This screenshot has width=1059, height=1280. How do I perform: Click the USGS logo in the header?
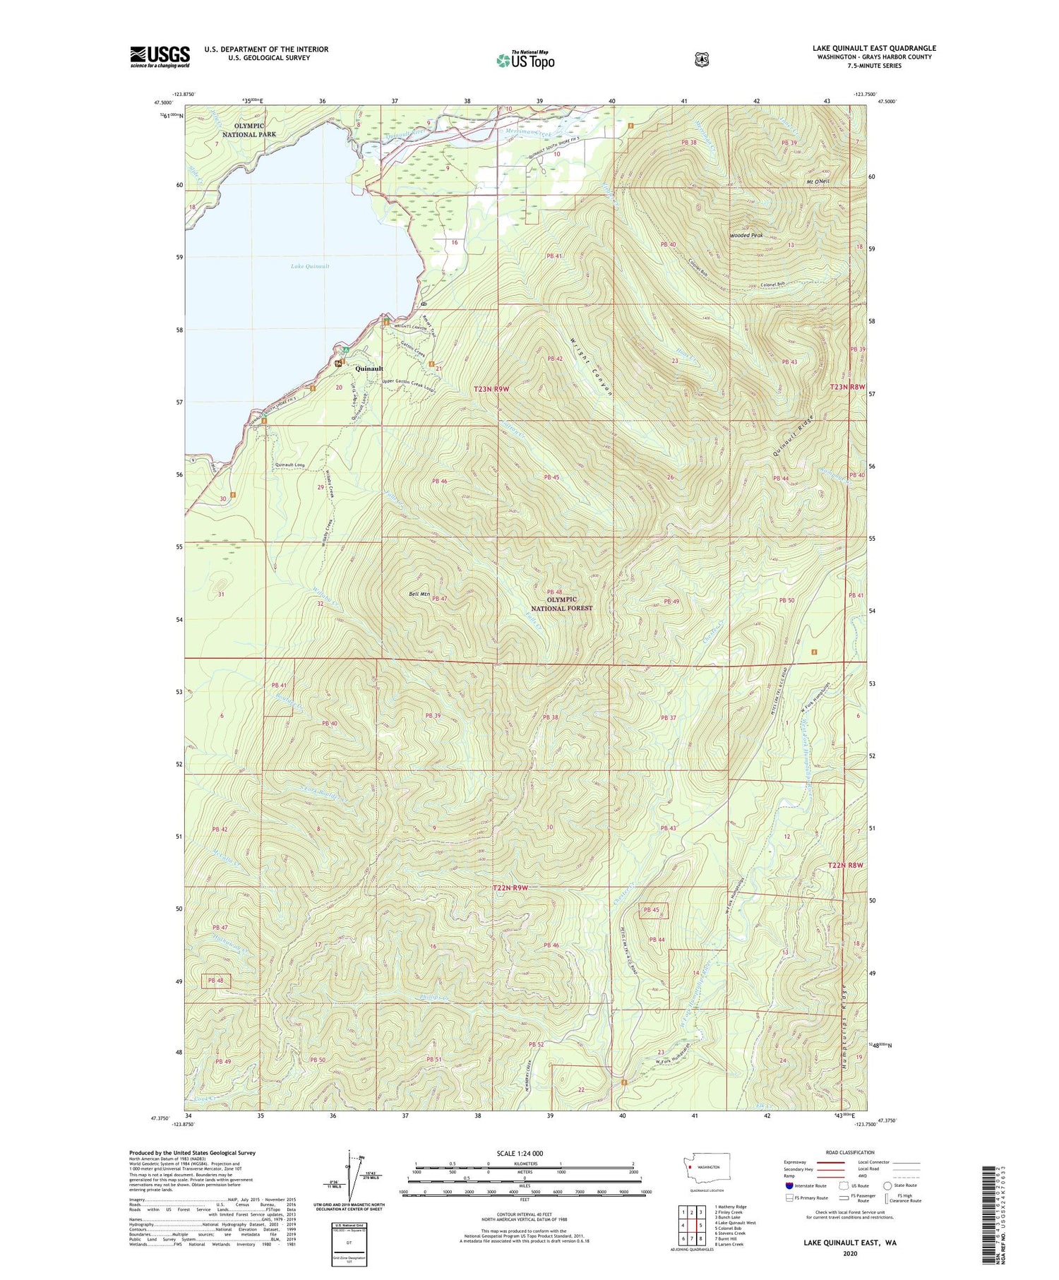coord(160,56)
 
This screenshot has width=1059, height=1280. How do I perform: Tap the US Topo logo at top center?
coord(525,60)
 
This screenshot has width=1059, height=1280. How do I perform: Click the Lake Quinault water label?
coord(310,266)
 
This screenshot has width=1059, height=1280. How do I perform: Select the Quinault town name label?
coord(369,369)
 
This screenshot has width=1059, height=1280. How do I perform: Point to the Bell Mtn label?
coord(419,594)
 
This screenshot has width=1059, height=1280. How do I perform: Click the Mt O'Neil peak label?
coord(817,181)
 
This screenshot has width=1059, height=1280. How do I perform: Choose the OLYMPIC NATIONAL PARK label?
coord(249,130)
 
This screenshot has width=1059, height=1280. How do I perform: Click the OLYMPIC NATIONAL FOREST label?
coord(561,604)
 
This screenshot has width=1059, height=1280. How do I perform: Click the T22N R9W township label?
coord(510,887)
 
